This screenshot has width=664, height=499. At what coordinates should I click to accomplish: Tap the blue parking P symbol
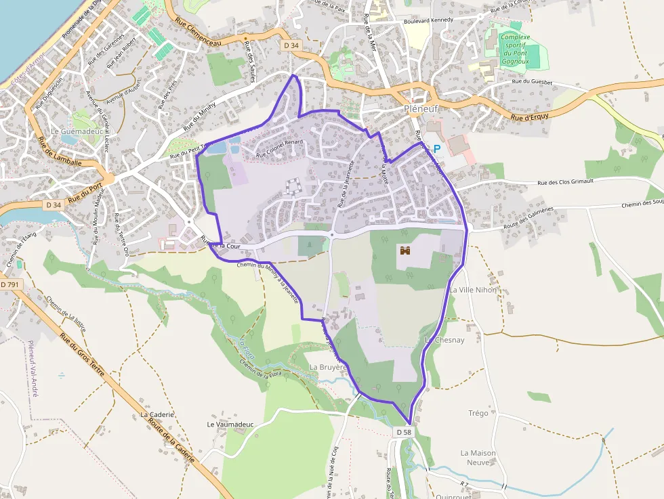click(x=437, y=148)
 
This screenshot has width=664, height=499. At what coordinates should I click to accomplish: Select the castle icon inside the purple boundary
click(x=406, y=251)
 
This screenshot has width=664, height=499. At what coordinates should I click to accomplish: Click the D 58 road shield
click(x=403, y=432)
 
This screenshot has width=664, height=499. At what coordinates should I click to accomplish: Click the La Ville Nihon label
click(x=473, y=290)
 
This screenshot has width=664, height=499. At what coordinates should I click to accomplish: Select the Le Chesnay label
click(x=444, y=340)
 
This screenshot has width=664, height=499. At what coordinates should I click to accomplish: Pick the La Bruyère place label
click(x=328, y=367)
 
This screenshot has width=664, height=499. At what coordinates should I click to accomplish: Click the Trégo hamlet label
click(x=478, y=413)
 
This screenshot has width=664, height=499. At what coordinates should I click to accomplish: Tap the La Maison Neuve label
click(x=478, y=458)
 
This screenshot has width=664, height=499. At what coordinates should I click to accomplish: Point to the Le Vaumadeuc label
click(x=230, y=425)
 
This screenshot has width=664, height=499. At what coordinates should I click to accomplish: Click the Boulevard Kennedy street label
click(x=428, y=20)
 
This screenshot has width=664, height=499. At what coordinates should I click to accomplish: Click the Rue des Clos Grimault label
click(x=565, y=182)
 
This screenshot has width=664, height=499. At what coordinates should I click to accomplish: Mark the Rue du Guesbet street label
click(x=533, y=82)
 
